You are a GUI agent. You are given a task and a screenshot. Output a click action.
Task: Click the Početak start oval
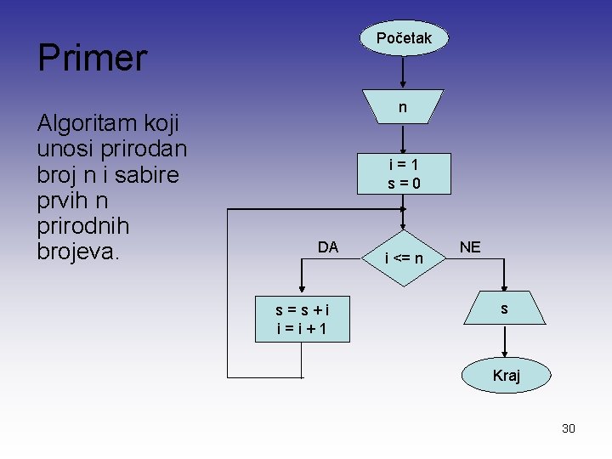coord(403,38)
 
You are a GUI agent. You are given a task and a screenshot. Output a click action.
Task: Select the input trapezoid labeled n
coord(403,107)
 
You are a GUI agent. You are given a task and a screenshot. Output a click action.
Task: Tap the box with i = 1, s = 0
coord(404,173)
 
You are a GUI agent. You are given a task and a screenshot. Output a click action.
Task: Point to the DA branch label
coord(328,247)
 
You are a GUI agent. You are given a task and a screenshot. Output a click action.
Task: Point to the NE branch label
coord(470,247)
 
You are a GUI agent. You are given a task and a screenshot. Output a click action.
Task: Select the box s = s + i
coord(301,319)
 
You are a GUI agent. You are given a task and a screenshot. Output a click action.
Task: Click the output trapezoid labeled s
coord(505,309)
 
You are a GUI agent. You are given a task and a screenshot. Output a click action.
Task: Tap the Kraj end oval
coord(506,375)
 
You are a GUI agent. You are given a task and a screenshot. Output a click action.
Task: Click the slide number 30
coord(569,428)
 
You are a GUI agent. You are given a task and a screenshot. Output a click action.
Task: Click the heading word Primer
coord(93,58)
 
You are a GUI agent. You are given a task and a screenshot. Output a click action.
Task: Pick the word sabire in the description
coord(155,175)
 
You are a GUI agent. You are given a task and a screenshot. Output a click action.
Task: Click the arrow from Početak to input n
coord(403,71)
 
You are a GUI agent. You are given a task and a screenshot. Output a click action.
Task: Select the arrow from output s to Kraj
coord(505,342)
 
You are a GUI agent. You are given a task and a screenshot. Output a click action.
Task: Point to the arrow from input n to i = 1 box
coord(403,139)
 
